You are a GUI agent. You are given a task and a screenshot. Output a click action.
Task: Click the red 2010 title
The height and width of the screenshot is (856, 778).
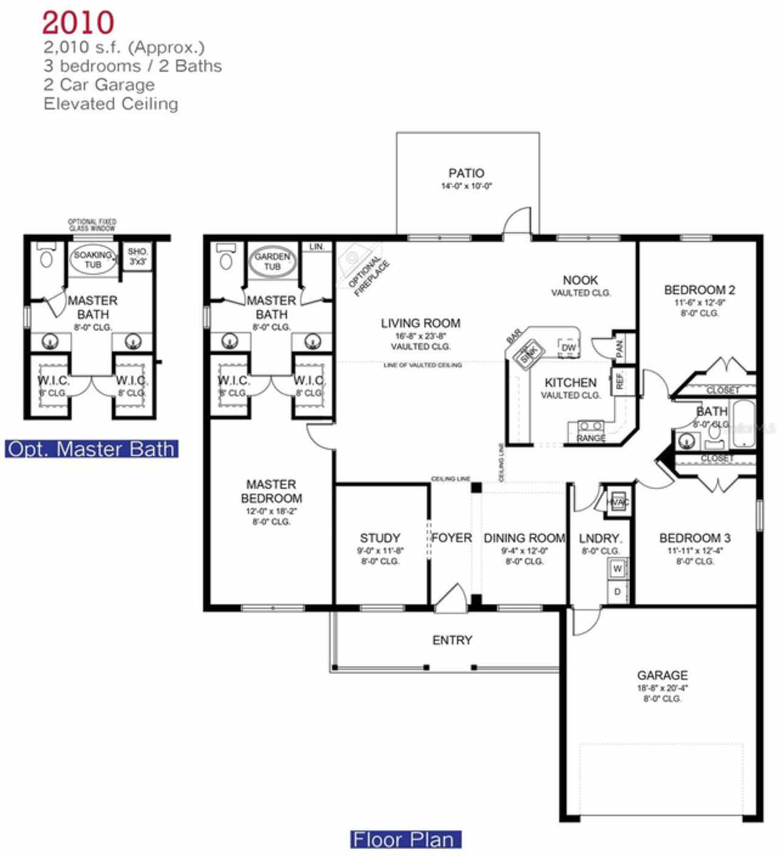[x=78, y=23]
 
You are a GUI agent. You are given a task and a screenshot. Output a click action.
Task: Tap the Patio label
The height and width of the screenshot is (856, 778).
[x=466, y=174]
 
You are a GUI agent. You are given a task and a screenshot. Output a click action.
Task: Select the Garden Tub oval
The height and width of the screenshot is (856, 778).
[x=272, y=261]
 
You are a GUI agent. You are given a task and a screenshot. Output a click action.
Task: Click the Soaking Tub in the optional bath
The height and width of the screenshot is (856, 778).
[x=92, y=260]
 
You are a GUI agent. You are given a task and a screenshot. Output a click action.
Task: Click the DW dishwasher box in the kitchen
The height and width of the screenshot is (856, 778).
[x=568, y=348]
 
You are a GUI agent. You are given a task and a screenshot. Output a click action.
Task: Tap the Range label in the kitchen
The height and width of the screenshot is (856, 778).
[x=591, y=438]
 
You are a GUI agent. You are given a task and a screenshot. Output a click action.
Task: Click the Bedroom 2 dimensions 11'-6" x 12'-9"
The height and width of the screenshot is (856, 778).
[x=700, y=302]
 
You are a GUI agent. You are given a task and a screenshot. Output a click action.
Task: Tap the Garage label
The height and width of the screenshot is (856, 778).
[x=662, y=675]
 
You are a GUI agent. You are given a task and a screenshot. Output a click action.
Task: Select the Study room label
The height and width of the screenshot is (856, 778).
[x=380, y=538]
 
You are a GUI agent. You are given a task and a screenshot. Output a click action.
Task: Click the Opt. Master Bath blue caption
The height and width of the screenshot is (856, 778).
[x=92, y=449]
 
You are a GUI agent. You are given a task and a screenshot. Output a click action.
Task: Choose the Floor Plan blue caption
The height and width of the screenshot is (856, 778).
[x=405, y=840]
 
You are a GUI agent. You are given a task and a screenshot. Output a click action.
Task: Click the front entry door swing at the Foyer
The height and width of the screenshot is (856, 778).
[x=450, y=598]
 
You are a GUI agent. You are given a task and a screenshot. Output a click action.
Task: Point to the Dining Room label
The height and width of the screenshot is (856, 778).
[x=524, y=538]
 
